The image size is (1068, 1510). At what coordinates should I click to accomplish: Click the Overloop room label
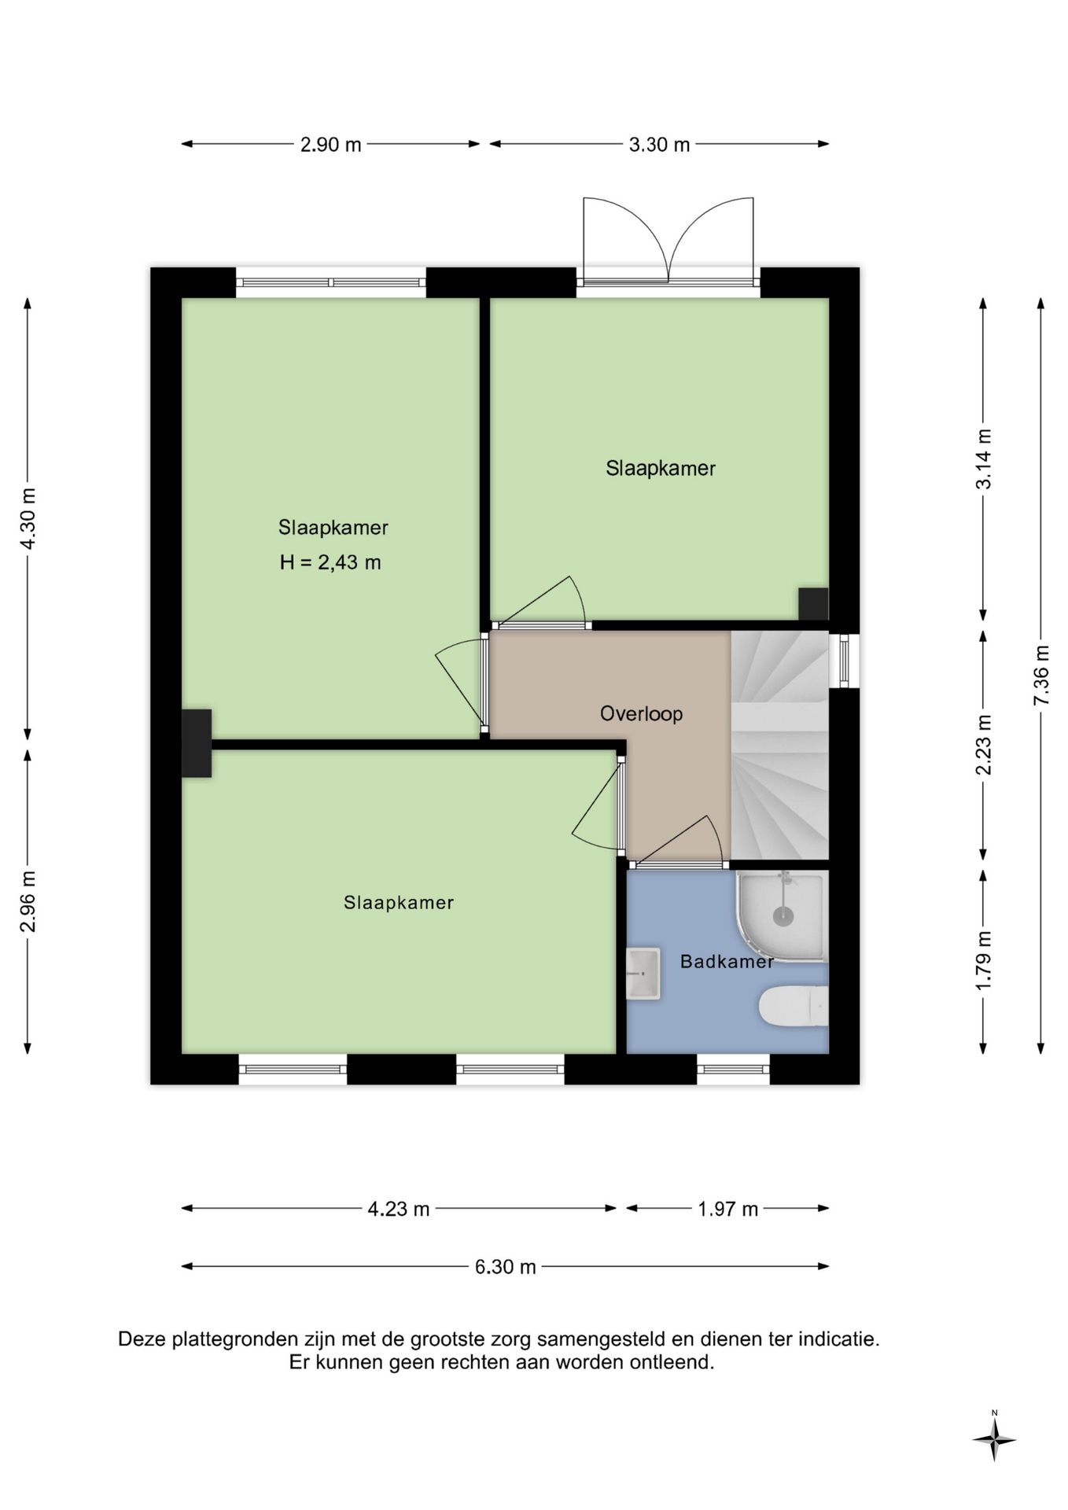click(641, 713)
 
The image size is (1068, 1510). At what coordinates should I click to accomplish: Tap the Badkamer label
click(727, 961)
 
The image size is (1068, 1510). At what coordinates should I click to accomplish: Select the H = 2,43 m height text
click(330, 562)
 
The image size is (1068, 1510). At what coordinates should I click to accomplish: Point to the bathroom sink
click(643, 974)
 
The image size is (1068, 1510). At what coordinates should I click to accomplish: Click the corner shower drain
click(783, 915)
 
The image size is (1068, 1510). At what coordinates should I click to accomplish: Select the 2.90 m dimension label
click(331, 145)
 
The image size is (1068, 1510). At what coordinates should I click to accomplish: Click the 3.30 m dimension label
click(659, 145)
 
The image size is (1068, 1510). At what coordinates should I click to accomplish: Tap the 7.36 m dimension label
click(1041, 676)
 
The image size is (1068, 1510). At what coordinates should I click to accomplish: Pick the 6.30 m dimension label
click(505, 1267)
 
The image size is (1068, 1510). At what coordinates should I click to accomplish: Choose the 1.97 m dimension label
click(727, 1209)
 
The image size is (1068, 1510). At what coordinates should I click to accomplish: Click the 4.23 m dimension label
click(399, 1209)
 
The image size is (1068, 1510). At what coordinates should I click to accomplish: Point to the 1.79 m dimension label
click(983, 960)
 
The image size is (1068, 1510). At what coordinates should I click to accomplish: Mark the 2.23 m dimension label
click(983, 745)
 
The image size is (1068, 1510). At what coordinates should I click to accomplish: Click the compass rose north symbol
click(994, 1439)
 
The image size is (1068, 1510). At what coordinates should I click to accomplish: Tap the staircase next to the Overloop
click(779, 745)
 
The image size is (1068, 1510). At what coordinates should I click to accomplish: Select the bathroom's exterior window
click(733, 1069)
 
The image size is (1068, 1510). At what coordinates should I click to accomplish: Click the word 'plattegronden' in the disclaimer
click(225, 1339)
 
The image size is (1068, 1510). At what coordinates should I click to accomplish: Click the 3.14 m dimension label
click(983, 459)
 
